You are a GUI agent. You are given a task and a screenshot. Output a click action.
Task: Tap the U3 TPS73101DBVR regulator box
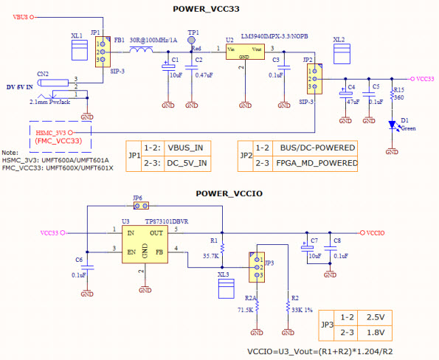pos(154,242)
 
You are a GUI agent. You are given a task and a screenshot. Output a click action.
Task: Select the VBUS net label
pos(22,16)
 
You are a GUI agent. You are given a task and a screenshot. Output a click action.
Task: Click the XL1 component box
pos(77,49)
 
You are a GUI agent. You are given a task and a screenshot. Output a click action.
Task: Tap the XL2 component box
pos(340,54)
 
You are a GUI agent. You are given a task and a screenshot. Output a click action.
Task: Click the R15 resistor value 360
pos(398,97)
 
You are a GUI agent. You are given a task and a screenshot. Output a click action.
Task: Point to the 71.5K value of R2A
pos(245,311)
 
